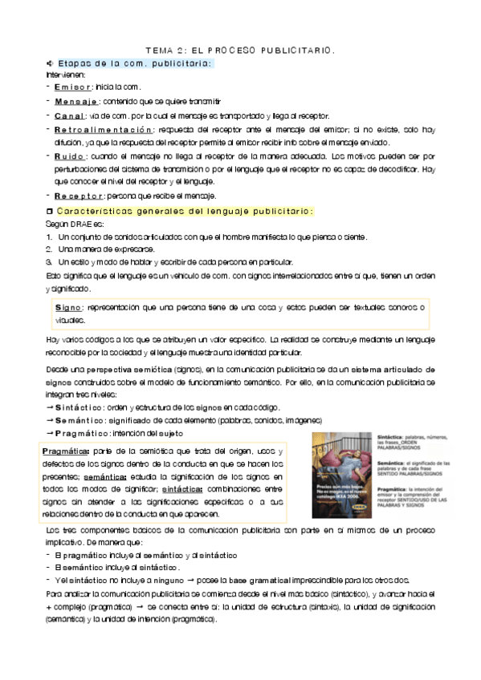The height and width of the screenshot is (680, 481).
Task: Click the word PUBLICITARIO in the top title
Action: (x=288, y=50)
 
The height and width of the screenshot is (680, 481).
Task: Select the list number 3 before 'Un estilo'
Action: (x=49, y=262)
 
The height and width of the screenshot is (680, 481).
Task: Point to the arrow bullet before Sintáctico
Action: (x=50, y=408)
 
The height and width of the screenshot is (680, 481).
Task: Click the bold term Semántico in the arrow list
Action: (x=80, y=421)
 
